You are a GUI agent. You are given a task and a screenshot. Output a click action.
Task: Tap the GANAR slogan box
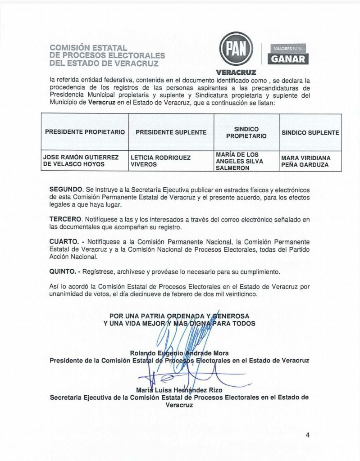(x=287, y=58)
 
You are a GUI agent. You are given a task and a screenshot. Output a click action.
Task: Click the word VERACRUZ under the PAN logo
(x=236, y=72)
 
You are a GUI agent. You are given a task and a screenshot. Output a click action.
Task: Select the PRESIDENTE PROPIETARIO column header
(x=85, y=132)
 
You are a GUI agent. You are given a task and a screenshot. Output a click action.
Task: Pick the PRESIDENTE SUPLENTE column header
(x=171, y=132)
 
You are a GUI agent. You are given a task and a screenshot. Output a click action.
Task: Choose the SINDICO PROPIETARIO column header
(x=246, y=132)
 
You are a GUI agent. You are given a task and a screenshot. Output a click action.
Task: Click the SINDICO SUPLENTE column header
(x=310, y=132)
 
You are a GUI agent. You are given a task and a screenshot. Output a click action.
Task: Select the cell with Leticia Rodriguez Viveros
(x=160, y=161)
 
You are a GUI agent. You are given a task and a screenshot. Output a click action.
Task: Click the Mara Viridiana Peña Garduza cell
(x=305, y=161)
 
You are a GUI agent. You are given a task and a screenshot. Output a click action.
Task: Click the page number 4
(x=307, y=434)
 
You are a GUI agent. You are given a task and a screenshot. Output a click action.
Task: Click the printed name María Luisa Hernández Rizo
(x=179, y=389)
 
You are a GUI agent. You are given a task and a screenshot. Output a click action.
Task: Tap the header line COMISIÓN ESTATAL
(x=89, y=48)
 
